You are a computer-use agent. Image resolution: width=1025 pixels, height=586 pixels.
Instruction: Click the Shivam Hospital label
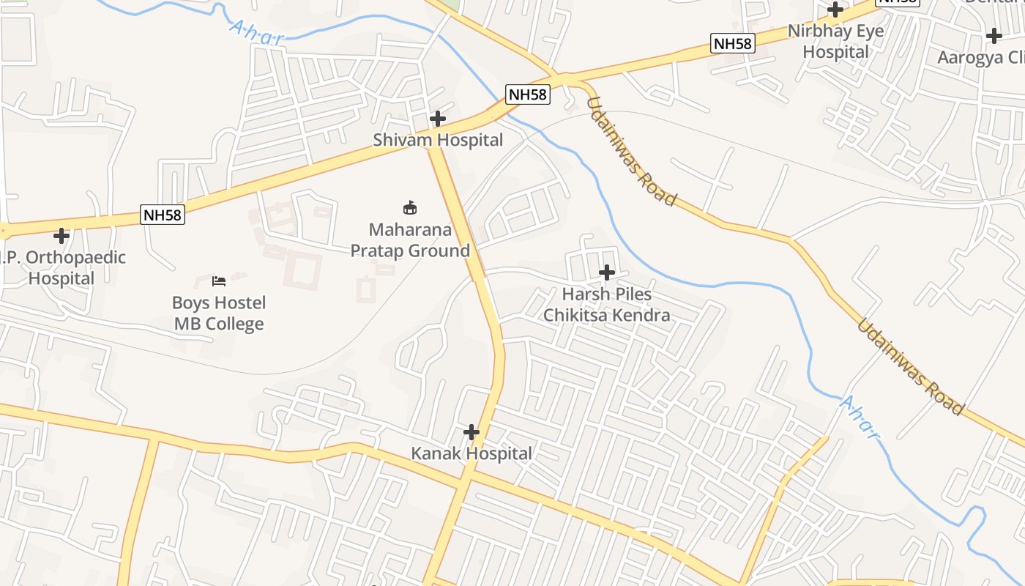pos(438,140)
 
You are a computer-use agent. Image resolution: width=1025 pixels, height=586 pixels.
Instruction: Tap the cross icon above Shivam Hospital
pos(438,118)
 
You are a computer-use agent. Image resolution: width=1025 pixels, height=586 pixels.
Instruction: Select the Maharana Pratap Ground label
pos(410,240)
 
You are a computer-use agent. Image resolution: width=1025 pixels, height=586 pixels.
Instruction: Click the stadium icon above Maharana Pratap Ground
pos(410,208)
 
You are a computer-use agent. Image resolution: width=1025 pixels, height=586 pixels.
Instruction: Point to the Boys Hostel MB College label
pos(219,314)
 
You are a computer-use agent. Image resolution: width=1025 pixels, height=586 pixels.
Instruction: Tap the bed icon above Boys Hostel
pos(219,281)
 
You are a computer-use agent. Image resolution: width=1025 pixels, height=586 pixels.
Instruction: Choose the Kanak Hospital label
pos(471,453)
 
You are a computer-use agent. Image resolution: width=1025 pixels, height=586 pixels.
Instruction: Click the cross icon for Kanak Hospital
pos(471,431)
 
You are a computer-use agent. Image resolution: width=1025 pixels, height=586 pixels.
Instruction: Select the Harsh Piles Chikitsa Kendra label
pos(606,305)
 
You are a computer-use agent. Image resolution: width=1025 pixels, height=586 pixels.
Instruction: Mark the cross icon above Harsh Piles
pos(606,272)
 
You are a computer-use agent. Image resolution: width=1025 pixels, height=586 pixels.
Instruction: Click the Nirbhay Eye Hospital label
pos(835,42)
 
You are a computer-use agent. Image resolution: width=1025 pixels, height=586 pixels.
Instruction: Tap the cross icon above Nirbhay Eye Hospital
pos(835,10)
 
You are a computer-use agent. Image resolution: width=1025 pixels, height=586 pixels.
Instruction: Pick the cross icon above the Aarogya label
pos(994,35)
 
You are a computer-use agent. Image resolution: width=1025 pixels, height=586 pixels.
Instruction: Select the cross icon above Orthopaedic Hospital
pos(61,236)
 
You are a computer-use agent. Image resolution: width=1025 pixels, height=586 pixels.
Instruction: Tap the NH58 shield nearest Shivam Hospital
pos(527,94)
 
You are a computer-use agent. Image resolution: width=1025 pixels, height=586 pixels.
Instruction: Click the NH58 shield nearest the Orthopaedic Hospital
pos(162,215)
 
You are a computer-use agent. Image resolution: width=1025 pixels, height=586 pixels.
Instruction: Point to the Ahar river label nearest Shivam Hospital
pos(256,33)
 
